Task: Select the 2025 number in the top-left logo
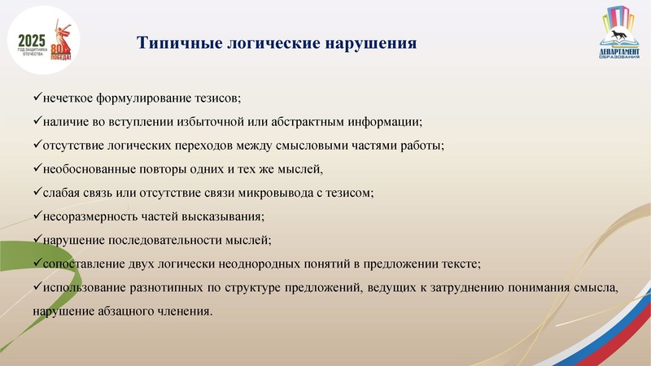pos(32,40)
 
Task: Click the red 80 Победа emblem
pos(62,44)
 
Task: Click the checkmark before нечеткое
pos(37,98)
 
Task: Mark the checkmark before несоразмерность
pos(37,216)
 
